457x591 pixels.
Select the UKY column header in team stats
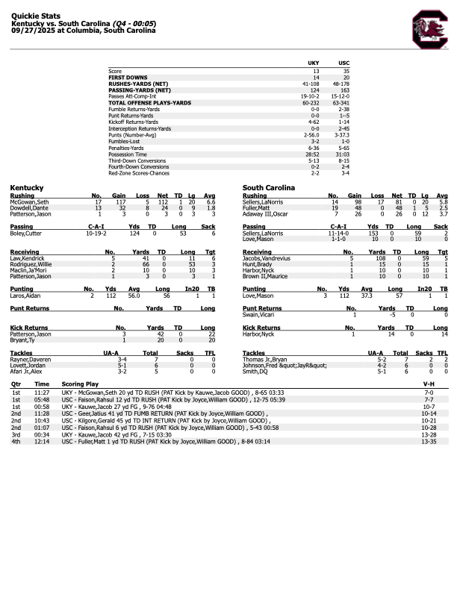[x=315, y=63]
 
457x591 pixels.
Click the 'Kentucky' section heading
[x=27, y=187]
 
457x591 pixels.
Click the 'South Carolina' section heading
[x=269, y=187]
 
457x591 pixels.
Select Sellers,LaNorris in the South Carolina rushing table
[x=263, y=201]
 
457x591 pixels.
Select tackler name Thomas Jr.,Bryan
[x=264, y=359]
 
